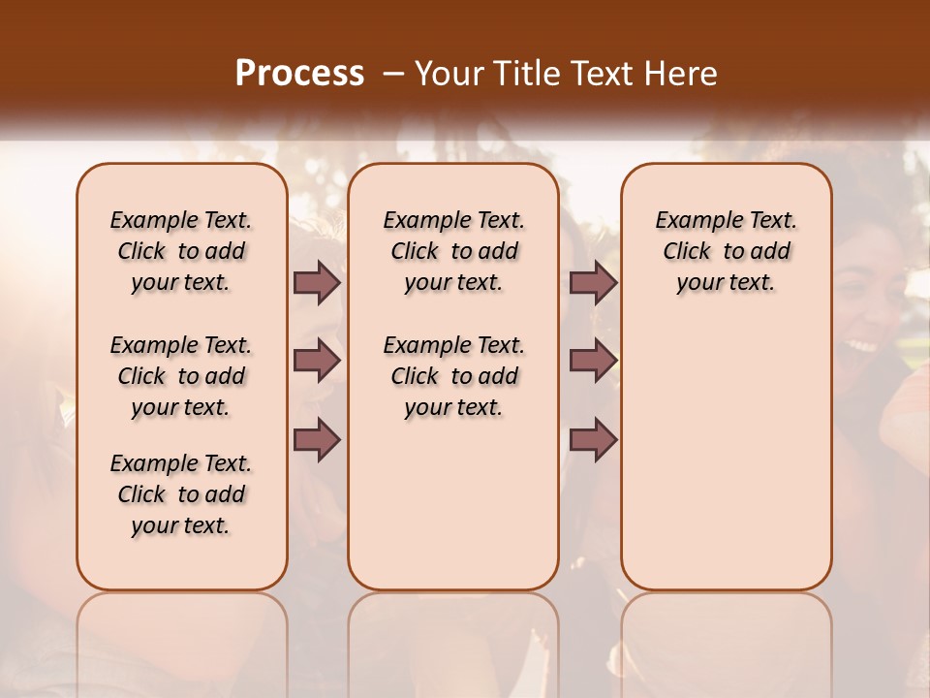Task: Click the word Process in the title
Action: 299,73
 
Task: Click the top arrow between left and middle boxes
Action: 317,283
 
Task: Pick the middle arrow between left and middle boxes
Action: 317,361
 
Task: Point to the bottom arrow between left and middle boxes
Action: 317,439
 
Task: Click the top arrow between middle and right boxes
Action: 593,283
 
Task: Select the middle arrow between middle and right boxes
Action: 593,361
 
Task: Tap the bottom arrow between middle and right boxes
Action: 593,439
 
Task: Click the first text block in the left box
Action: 181,251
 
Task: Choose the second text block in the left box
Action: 181,376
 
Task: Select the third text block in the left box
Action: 181,494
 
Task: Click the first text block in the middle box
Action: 453,251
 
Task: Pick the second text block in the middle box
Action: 453,376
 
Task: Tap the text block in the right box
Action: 727,251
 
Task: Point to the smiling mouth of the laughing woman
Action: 860,344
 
